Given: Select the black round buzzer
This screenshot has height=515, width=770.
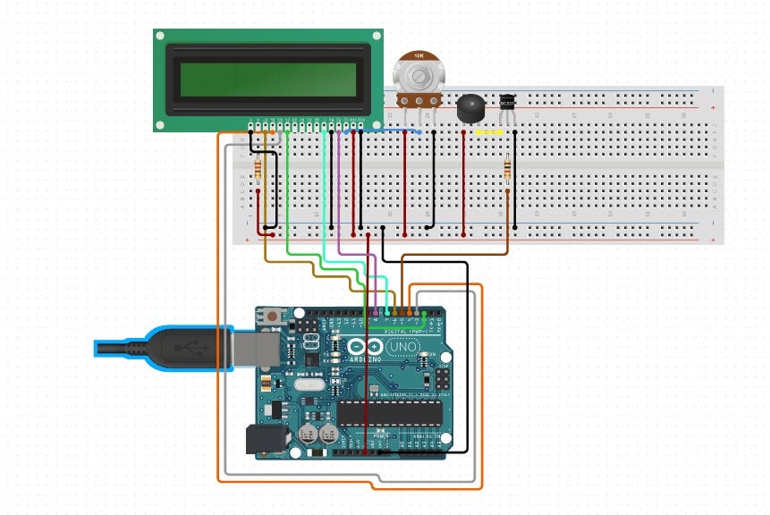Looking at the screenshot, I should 469,108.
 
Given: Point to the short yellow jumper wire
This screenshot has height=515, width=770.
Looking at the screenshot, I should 489,132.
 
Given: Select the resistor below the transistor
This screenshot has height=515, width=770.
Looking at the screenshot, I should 508,169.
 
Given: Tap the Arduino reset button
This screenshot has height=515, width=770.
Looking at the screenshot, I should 271,316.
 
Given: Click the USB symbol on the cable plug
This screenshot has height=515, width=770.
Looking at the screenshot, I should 186,344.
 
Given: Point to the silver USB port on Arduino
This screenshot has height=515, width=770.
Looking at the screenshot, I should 254,347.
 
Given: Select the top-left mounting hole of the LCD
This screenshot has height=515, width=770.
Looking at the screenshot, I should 160,37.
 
